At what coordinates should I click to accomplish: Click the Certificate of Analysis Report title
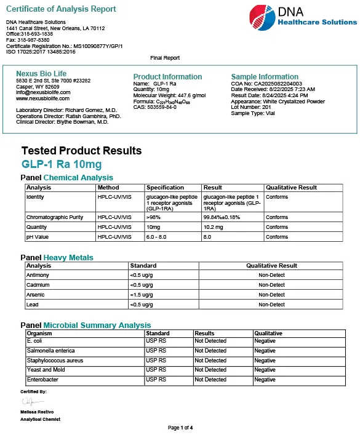click(61, 9)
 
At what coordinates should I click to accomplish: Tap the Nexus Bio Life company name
click(41, 74)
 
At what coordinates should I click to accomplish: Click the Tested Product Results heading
click(81, 151)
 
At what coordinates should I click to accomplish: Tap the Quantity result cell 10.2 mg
click(213, 227)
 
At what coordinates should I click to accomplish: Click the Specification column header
click(165, 188)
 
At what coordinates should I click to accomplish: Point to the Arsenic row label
click(36, 295)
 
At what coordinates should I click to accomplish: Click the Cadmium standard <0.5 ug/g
click(142, 285)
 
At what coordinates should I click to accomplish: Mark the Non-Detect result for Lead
click(271, 305)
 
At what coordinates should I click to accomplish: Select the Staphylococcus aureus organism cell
click(55, 361)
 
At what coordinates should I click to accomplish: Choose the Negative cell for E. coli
click(265, 341)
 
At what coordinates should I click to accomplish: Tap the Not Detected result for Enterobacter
click(210, 380)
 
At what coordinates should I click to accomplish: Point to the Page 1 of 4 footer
click(180, 428)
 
